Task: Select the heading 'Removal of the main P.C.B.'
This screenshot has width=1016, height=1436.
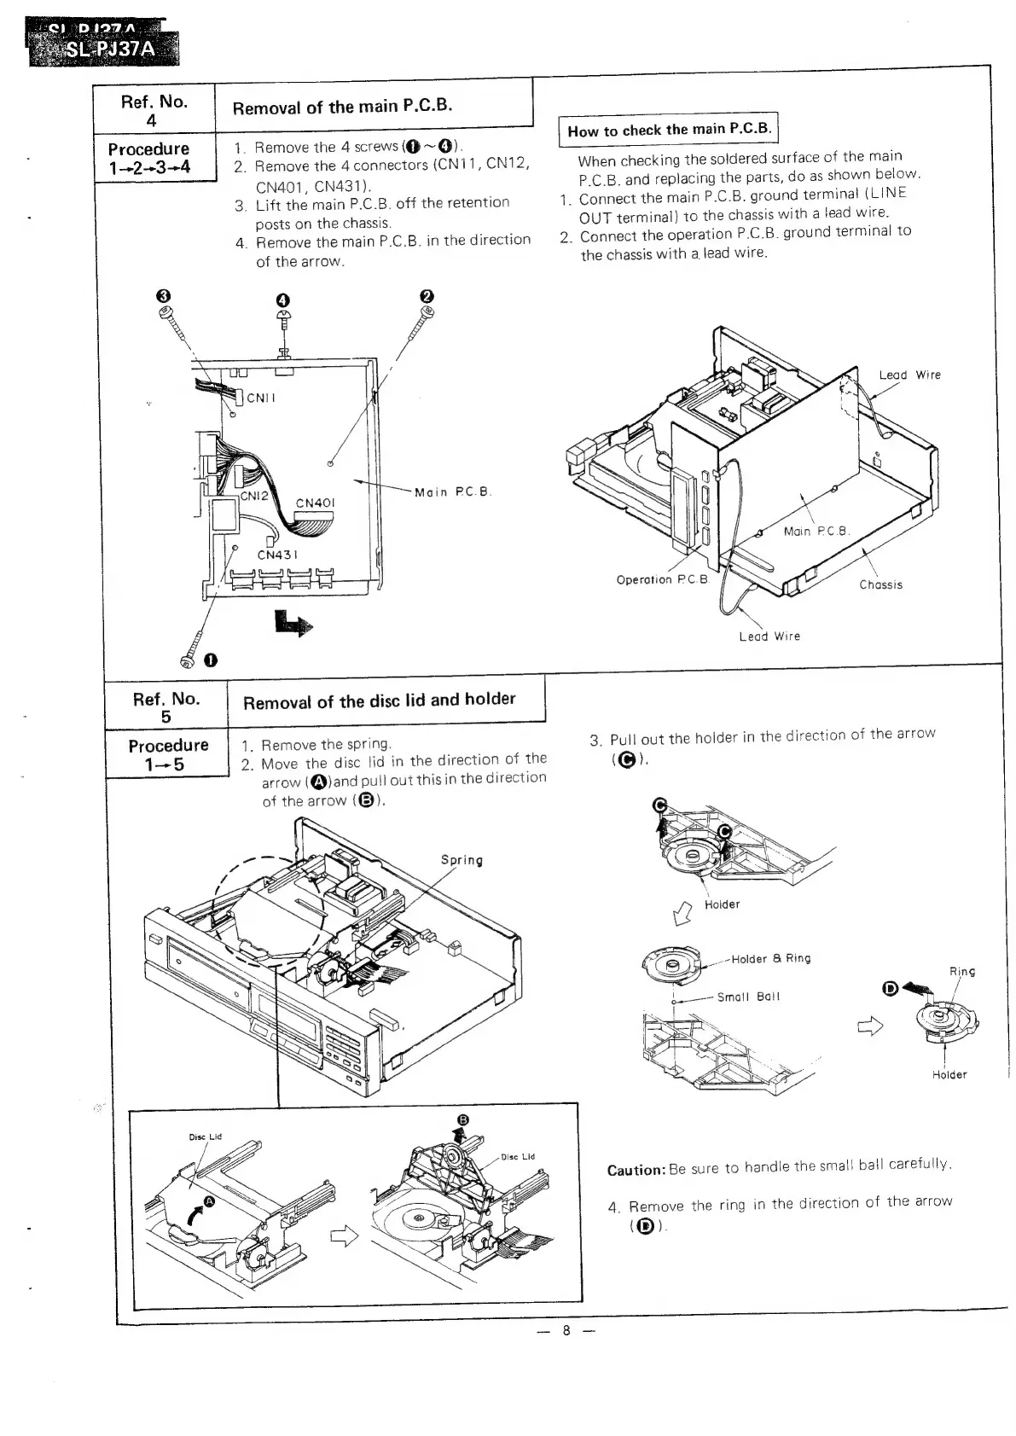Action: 342,107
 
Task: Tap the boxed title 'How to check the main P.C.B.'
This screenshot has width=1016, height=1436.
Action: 670,131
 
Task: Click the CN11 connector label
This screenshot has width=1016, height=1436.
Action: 261,398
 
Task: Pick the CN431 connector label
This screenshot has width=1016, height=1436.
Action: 278,555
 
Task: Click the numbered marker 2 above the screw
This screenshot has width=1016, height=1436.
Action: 427,295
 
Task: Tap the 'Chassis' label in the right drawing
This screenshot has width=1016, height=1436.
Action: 880,584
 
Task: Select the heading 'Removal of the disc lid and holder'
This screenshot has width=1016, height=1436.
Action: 380,701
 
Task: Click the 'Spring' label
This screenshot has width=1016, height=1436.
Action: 462,860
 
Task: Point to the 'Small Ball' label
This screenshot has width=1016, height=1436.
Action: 748,997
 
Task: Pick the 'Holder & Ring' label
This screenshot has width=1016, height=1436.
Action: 770,958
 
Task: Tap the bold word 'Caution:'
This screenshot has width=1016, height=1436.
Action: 636,1170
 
